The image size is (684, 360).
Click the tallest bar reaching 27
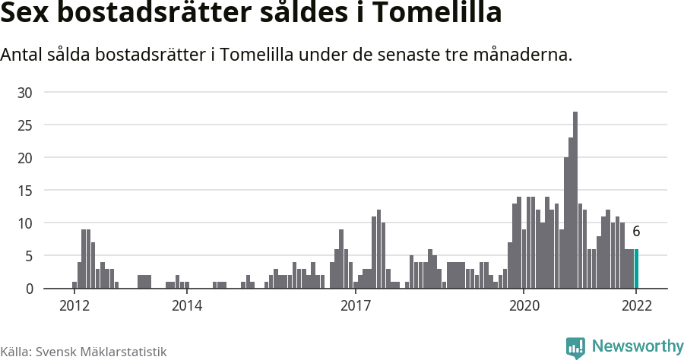[x=575, y=201]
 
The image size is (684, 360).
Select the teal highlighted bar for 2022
[x=636, y=269]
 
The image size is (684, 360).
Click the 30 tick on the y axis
[x=25, y=93]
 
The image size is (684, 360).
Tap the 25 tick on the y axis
[x=25, y=125]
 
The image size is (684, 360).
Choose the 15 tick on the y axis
[x=25, y=191]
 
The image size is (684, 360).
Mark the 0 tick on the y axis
[x=29, y=289]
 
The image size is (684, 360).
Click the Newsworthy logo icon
[x=575, y=347]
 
